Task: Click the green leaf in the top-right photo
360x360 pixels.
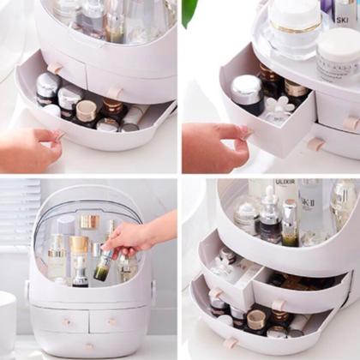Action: click(x=189, y=10)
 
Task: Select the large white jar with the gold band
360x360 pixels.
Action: click(x=292, y=26)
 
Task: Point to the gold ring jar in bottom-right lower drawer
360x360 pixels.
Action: click(x=256, y=320)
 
